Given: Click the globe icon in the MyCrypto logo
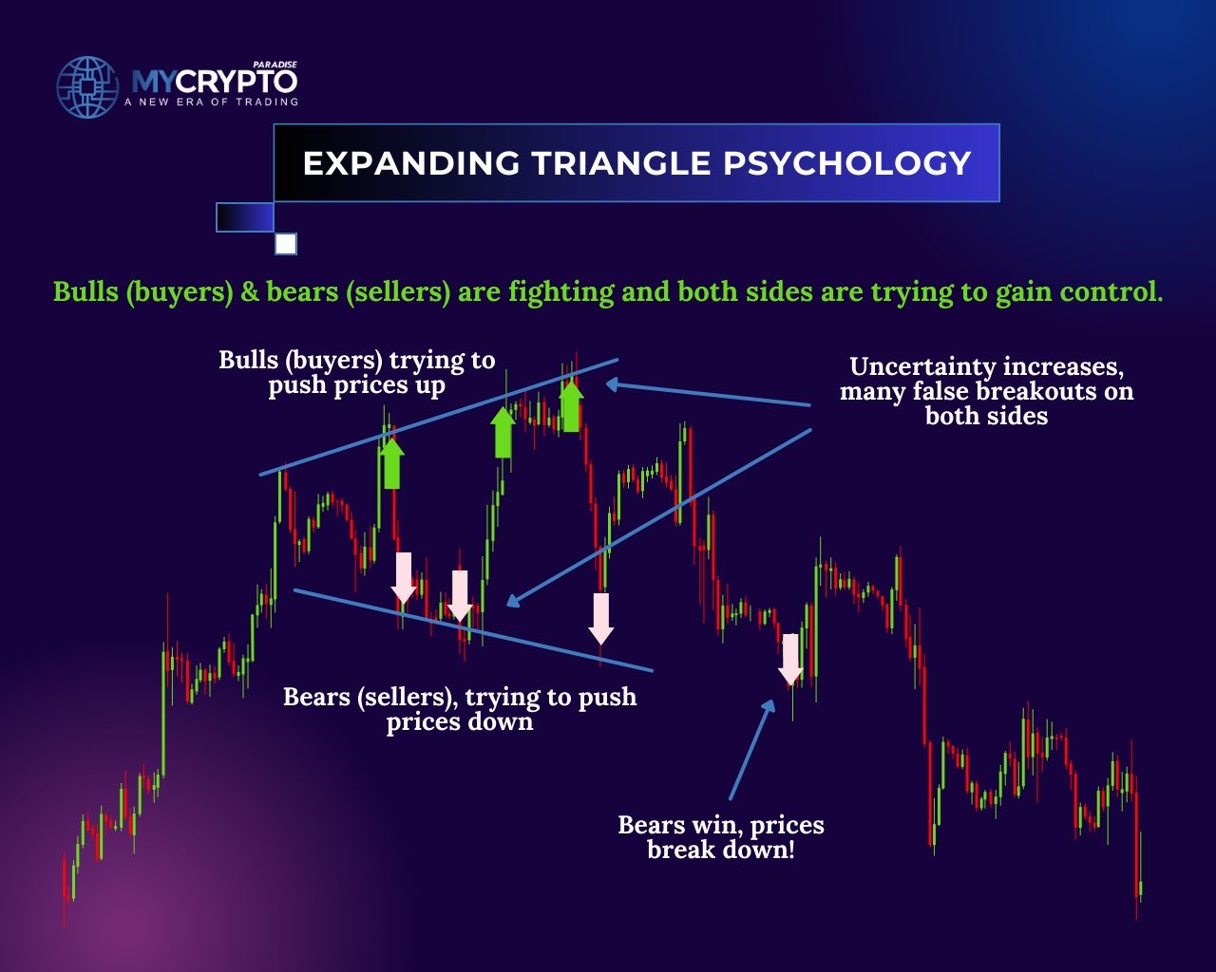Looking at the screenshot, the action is click(x=87, y=87).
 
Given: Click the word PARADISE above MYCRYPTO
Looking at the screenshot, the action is click(x=275, y=65).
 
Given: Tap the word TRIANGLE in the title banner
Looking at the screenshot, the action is click(x=621, y=163).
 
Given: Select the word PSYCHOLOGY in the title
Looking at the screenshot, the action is click(x=847, y=163).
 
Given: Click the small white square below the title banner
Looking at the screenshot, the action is click(x=286, y=244).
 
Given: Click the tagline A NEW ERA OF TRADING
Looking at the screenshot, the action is click(x=211, y=103).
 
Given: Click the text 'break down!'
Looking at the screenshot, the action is click(x=721, y=850).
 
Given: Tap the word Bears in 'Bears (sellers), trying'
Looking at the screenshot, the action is click(x=316, y=698).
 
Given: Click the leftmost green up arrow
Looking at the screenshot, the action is click(x=391, y=463).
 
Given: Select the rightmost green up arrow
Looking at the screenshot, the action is click(x=571, y=405).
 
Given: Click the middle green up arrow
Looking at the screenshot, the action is click(x=503, y=432).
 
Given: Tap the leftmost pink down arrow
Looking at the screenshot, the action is click(x=404, y=578).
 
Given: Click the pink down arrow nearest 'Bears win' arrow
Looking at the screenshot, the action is click(x=790, y=659).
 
